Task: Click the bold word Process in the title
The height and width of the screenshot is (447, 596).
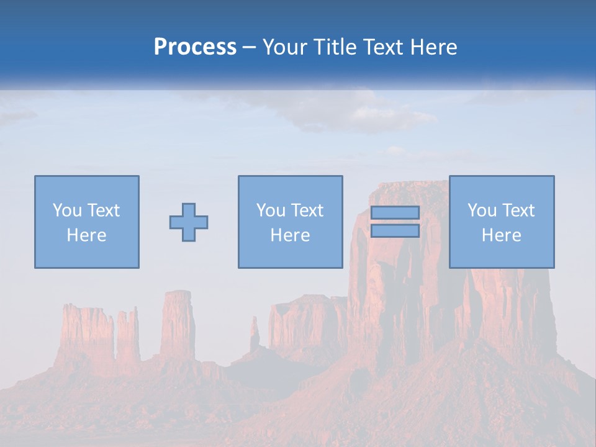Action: [x=195, y=47]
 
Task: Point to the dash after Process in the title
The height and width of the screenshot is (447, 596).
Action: [x=249, y=48]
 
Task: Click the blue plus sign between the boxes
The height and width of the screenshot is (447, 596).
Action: [x=189, y=222]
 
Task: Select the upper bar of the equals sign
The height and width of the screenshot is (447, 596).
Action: [x=395, y=212]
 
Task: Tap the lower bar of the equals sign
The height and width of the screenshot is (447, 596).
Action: [x=395, y=231]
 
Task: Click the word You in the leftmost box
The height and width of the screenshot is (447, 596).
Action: [x=66, y=210]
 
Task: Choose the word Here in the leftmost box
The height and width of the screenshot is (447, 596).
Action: [x=86, y=235]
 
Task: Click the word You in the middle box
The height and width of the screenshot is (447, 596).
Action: [x=270, y=210]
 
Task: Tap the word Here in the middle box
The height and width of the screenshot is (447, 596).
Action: [x=290, y=235]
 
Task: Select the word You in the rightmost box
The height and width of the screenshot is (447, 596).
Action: [x=481, y=210]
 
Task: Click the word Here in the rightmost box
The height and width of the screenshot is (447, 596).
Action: [x=501, y=235]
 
